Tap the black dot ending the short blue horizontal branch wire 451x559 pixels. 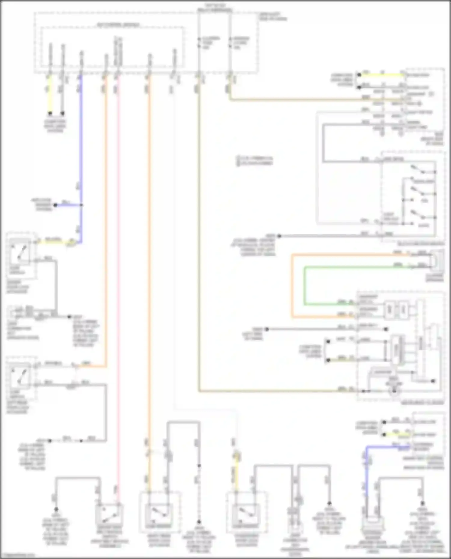(x=55, y=205)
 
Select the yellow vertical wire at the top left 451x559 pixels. (x=50, y=93)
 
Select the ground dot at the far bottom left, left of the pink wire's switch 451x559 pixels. (x=56, y=509)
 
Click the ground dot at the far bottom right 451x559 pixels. (x=422, y=503)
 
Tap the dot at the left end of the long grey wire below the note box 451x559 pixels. (x=279, y=236)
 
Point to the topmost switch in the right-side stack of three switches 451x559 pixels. (x=418, y=170)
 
